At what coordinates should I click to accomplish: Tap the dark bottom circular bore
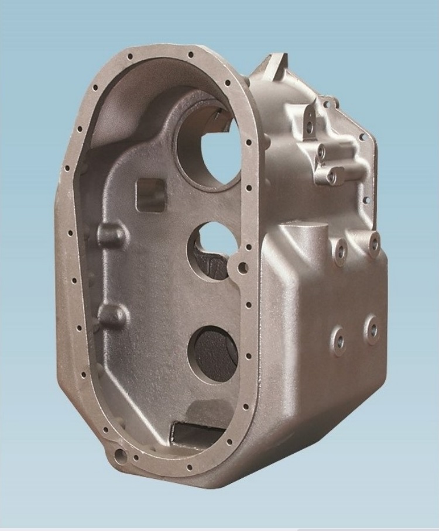(214, 354)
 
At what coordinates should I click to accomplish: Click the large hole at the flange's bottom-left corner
(120, 453)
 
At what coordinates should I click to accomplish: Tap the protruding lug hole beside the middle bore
(242, 268)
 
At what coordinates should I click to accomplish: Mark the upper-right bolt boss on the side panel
(373, 243)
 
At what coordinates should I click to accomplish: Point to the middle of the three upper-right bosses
(320, 151)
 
